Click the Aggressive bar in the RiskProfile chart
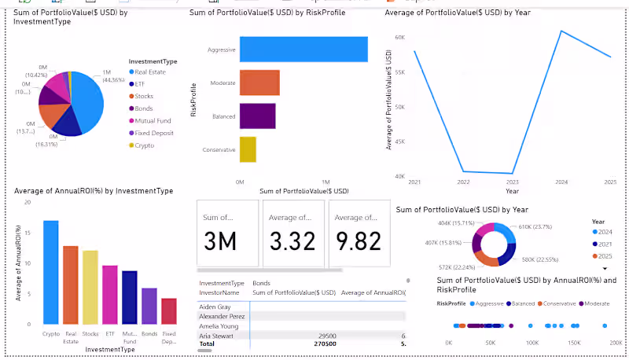tap(303, 50)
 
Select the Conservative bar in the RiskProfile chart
tap(248, 149)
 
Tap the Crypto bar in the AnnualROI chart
tap(51, 272)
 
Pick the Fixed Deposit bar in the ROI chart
tap(168, 311)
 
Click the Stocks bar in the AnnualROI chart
tap(90, 287)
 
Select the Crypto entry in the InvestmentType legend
tap(143, 145)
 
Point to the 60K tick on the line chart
tap(399, 38)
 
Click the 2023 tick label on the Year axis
tap(513, 182)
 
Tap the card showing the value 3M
tap(226, 241)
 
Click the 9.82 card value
tap(359, 241)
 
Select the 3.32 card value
tap(292, 241)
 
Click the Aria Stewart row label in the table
tap(218, 336)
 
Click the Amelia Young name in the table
tap(219, 325)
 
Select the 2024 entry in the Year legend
tap(603, 233)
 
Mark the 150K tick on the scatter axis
tap(573, 343)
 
